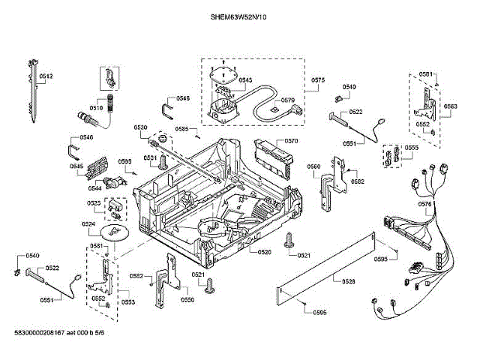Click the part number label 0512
click(46, 76)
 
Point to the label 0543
click(245, 80)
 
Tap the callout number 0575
click(317, 80)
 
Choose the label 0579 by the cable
click(288, 100)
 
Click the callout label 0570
click(292, 141)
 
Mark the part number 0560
click(313, 166)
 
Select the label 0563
click(450, 107)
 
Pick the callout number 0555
click(412, 148)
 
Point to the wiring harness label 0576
click(424, 204)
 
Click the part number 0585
click(182, 129)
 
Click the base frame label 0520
click(264, 253)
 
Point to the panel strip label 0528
click(348, 281)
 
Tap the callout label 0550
click(187, 300)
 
